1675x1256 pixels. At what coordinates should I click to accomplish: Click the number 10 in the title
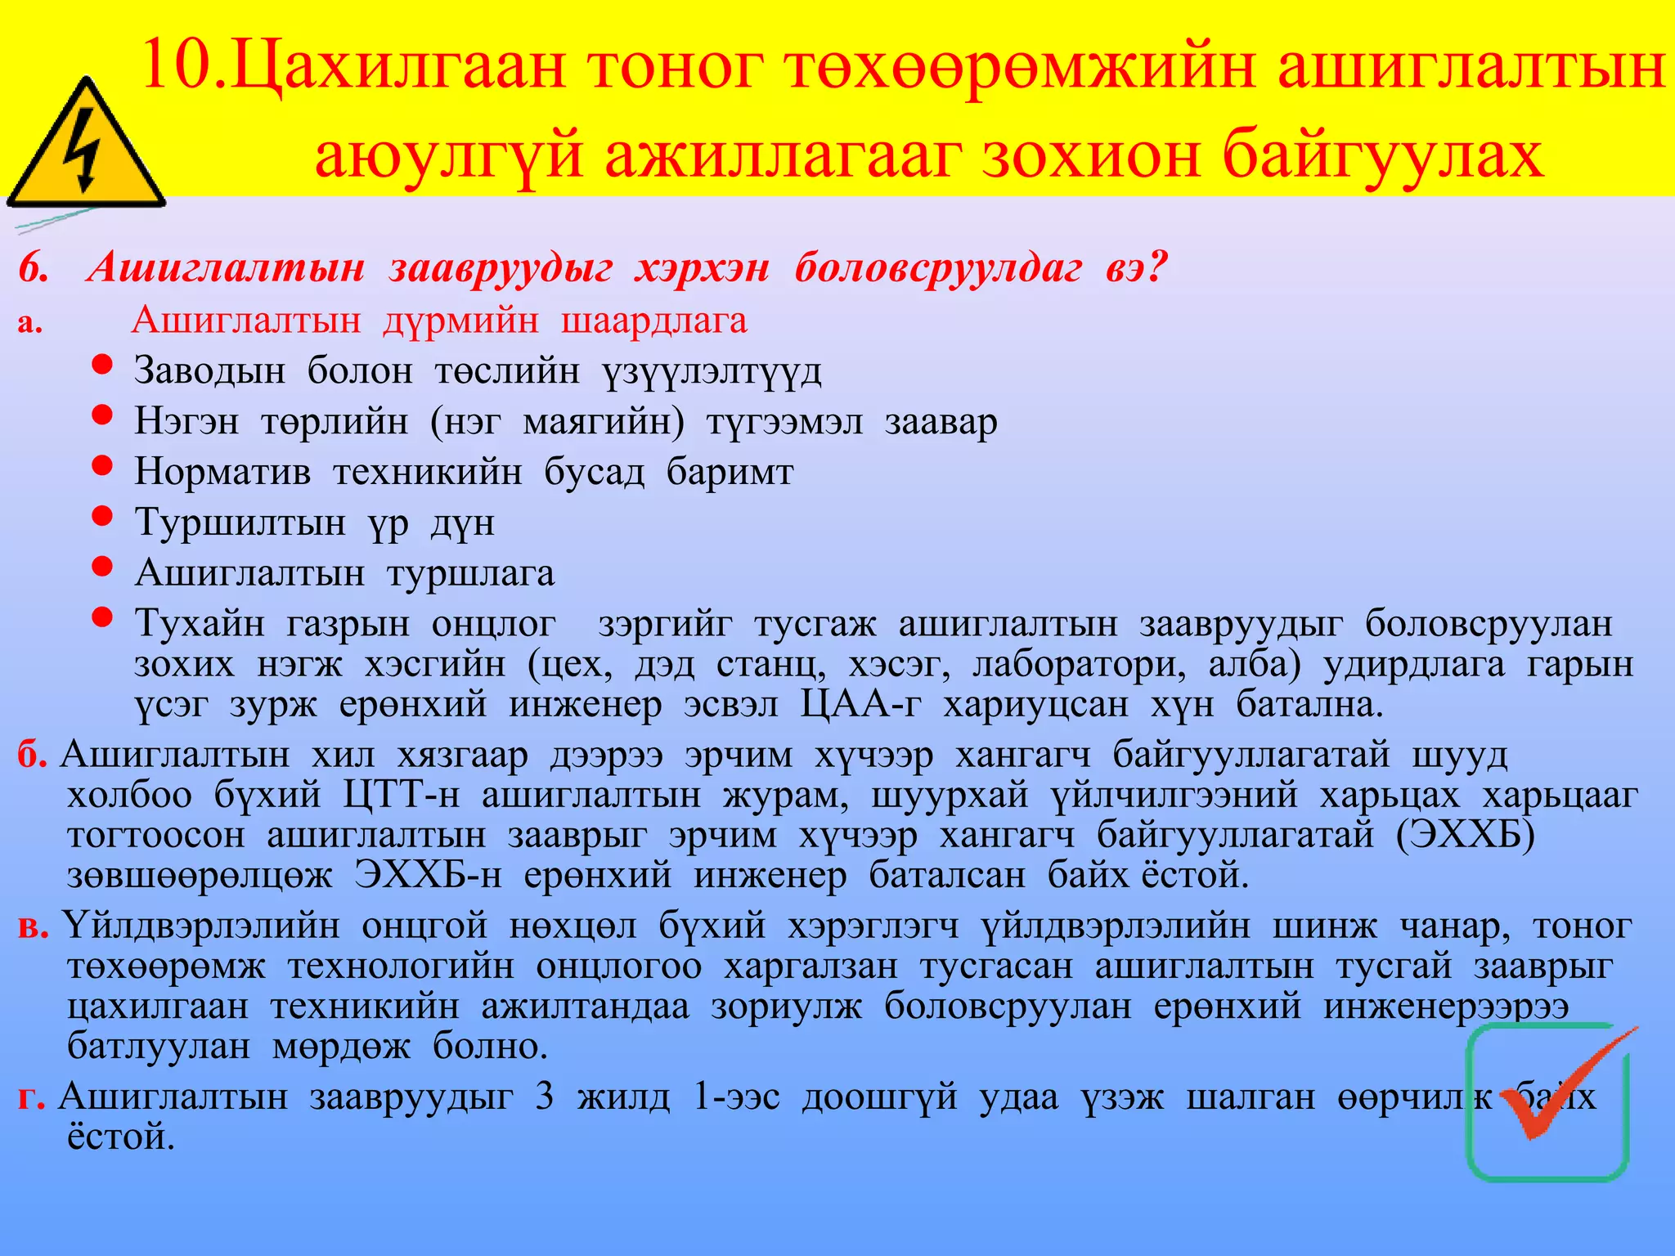(175, 68)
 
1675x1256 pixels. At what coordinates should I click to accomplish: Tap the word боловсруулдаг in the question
(938, 268)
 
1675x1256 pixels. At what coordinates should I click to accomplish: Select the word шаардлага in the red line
(653, 321)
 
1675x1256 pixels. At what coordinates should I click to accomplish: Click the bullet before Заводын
(102, 365)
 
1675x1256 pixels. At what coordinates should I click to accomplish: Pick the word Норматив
(222, 472)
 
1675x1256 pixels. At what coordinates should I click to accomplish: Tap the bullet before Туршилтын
(102, 516)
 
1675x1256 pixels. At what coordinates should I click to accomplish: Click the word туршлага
(471, 573)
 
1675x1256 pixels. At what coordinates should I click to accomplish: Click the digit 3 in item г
(545, 1096)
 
